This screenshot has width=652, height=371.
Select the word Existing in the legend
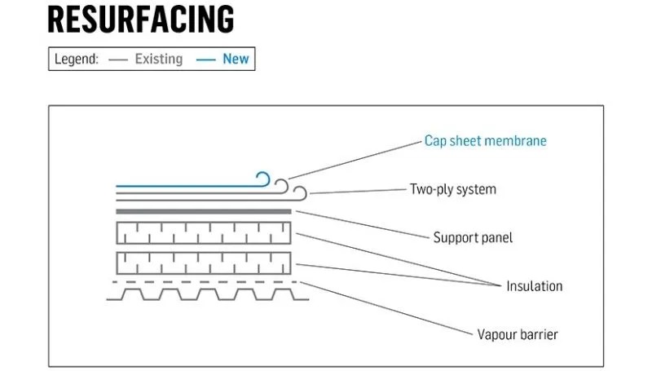tap(159, 60)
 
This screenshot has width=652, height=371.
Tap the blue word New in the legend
tap(236, 60)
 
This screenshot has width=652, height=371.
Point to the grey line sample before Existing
tap(118, 60)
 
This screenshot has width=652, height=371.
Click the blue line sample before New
tap(206, 60)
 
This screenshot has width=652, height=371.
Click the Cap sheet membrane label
tap(485, 140)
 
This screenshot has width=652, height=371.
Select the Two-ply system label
tap(452, 189)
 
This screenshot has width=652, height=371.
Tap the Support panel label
tap(473, 238)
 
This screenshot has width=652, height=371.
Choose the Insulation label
tap(534, 286)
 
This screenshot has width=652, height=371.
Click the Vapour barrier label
tap(518, 334)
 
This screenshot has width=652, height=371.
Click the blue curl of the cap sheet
tap(262, 179)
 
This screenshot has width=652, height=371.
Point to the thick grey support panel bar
tap(204, 211)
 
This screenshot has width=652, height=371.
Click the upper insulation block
tap(204, 232)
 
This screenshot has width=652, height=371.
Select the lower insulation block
tap(204, 263)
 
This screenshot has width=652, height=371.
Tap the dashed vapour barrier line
tap(204, 282)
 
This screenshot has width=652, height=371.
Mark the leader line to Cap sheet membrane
tap(355, 158)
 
